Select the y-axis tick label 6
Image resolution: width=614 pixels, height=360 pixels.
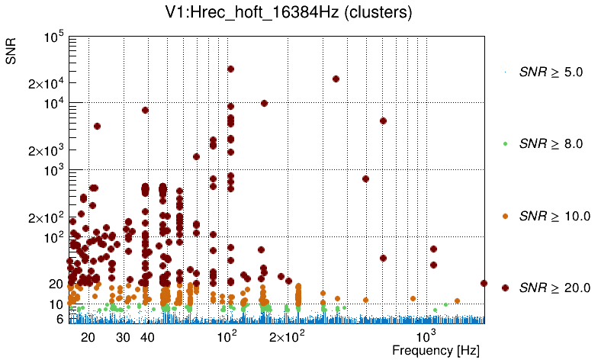59,319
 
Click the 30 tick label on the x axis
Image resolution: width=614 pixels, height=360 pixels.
123,337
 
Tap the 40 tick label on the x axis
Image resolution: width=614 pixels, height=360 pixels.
147,337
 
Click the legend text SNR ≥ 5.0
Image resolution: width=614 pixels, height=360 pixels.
551,72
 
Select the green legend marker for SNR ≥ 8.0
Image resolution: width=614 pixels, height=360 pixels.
506,143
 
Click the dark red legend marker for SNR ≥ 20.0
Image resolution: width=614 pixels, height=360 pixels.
506,288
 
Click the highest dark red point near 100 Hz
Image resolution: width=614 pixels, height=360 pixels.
230,69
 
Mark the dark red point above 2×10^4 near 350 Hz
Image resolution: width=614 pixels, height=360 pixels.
336,79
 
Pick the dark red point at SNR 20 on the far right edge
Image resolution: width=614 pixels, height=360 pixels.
484,283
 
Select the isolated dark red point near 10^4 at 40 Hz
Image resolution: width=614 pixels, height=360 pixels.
145,110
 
